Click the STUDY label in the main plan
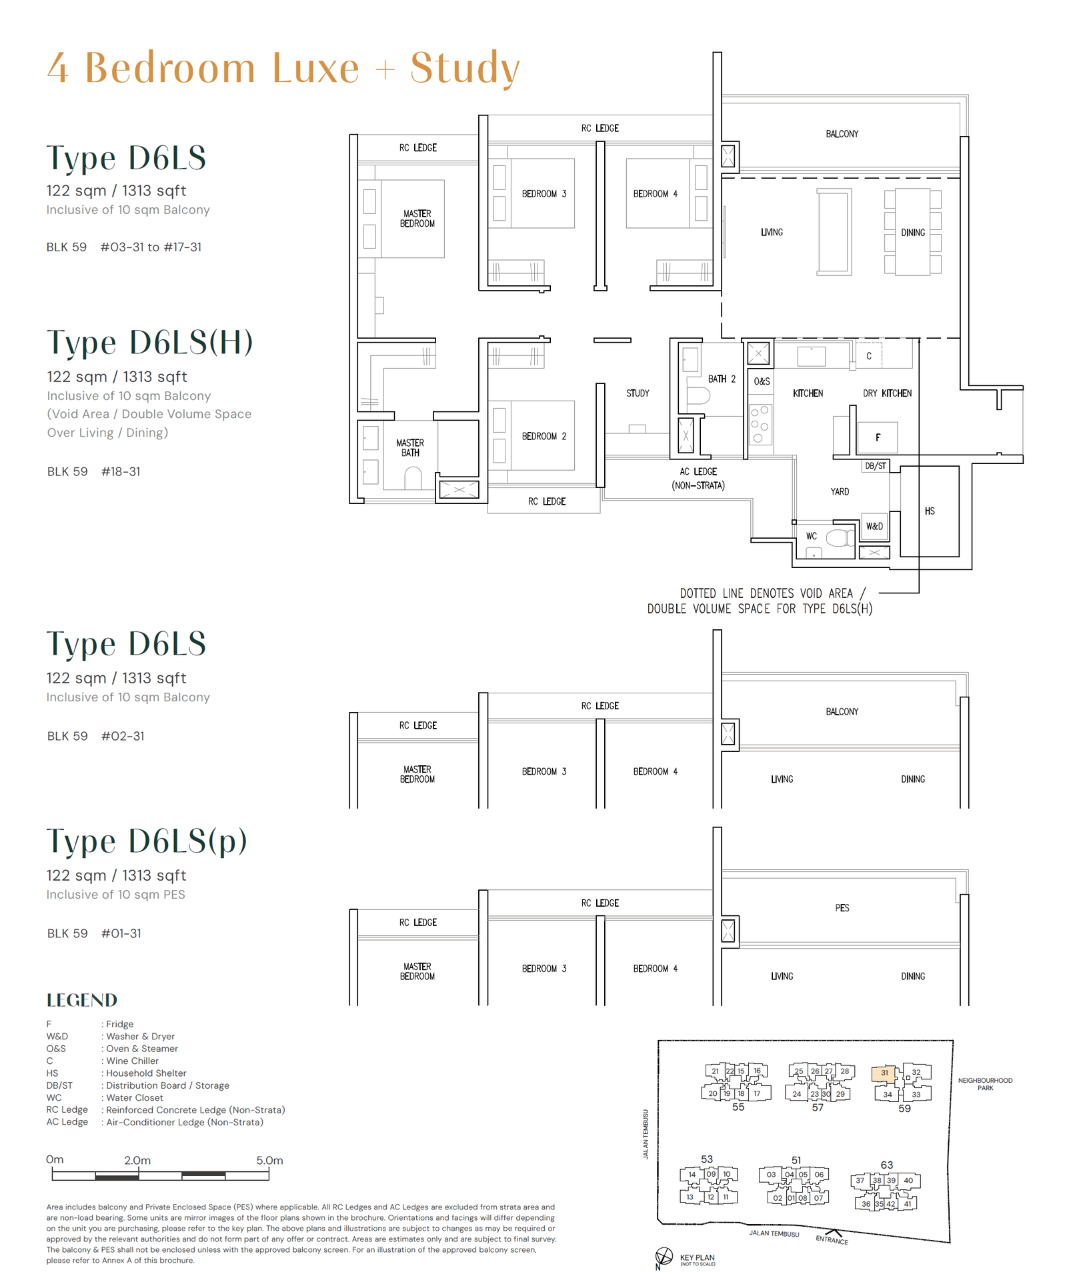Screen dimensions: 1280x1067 tap(637, 393)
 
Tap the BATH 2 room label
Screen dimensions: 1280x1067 tap(722, 379)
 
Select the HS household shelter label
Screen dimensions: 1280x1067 tap(930, 511)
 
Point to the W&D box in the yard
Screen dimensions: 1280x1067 tap(874, 526)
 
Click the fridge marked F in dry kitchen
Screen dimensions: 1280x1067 tap(878, 437)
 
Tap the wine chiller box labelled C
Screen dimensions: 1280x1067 tap(869, 356)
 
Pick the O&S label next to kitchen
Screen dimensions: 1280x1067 tap(762, 381)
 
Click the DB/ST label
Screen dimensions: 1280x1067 tap(876, 466)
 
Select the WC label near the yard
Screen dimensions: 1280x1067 tap(812, 536)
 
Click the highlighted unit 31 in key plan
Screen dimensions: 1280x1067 tap(884, 1073)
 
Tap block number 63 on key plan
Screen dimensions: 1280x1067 tap(886, 1165)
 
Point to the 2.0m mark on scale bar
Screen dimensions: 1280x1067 tap(137, 1161)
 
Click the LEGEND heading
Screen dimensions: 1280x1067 tap(82, 1000)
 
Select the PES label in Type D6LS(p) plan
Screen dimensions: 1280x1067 tap(842, 908)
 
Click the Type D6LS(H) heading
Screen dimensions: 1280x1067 tap(150, 342)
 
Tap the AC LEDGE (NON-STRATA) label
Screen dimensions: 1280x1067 tap(698, 479)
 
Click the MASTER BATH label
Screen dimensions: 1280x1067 tap(410, 447)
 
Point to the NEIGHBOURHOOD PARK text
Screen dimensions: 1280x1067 tap(985, 1084)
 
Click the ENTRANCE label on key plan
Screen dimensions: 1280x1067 tap(832, 1239)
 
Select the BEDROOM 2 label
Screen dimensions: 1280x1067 tap(544, 436)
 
